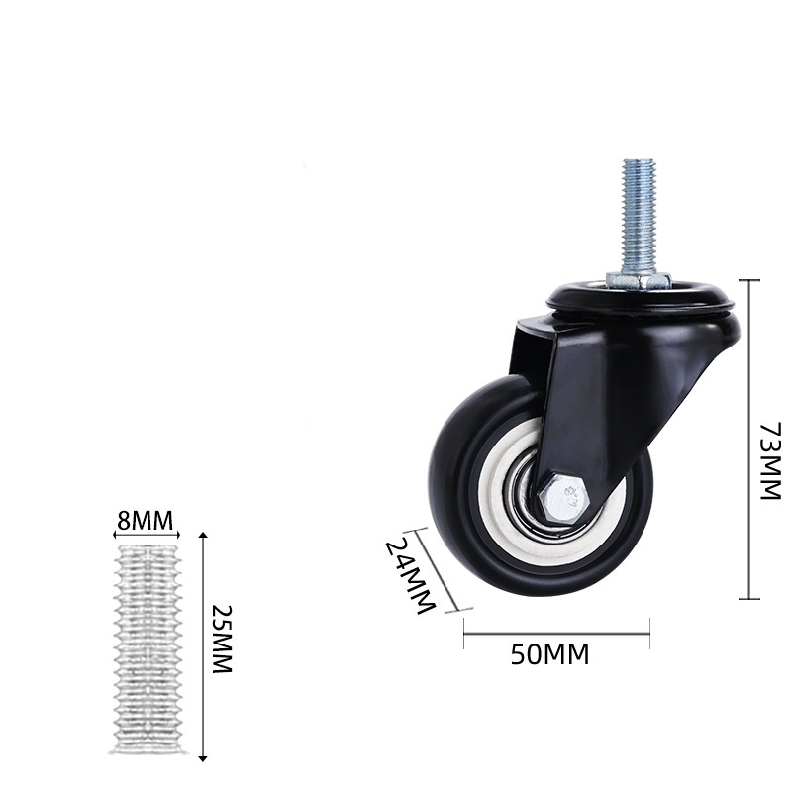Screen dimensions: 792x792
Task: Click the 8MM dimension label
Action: [x=146, y=520]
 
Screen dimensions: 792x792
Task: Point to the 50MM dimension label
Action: [x=549, y=654]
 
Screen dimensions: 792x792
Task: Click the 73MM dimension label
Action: [x=770, y=461]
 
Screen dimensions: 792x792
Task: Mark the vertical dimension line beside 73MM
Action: [x=748, y=440]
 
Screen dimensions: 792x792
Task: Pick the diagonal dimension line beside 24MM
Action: [x=435, y=570]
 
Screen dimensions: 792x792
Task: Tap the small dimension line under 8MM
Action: [x=146, y=535]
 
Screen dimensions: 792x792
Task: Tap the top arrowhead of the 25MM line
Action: [x=203, y=536]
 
